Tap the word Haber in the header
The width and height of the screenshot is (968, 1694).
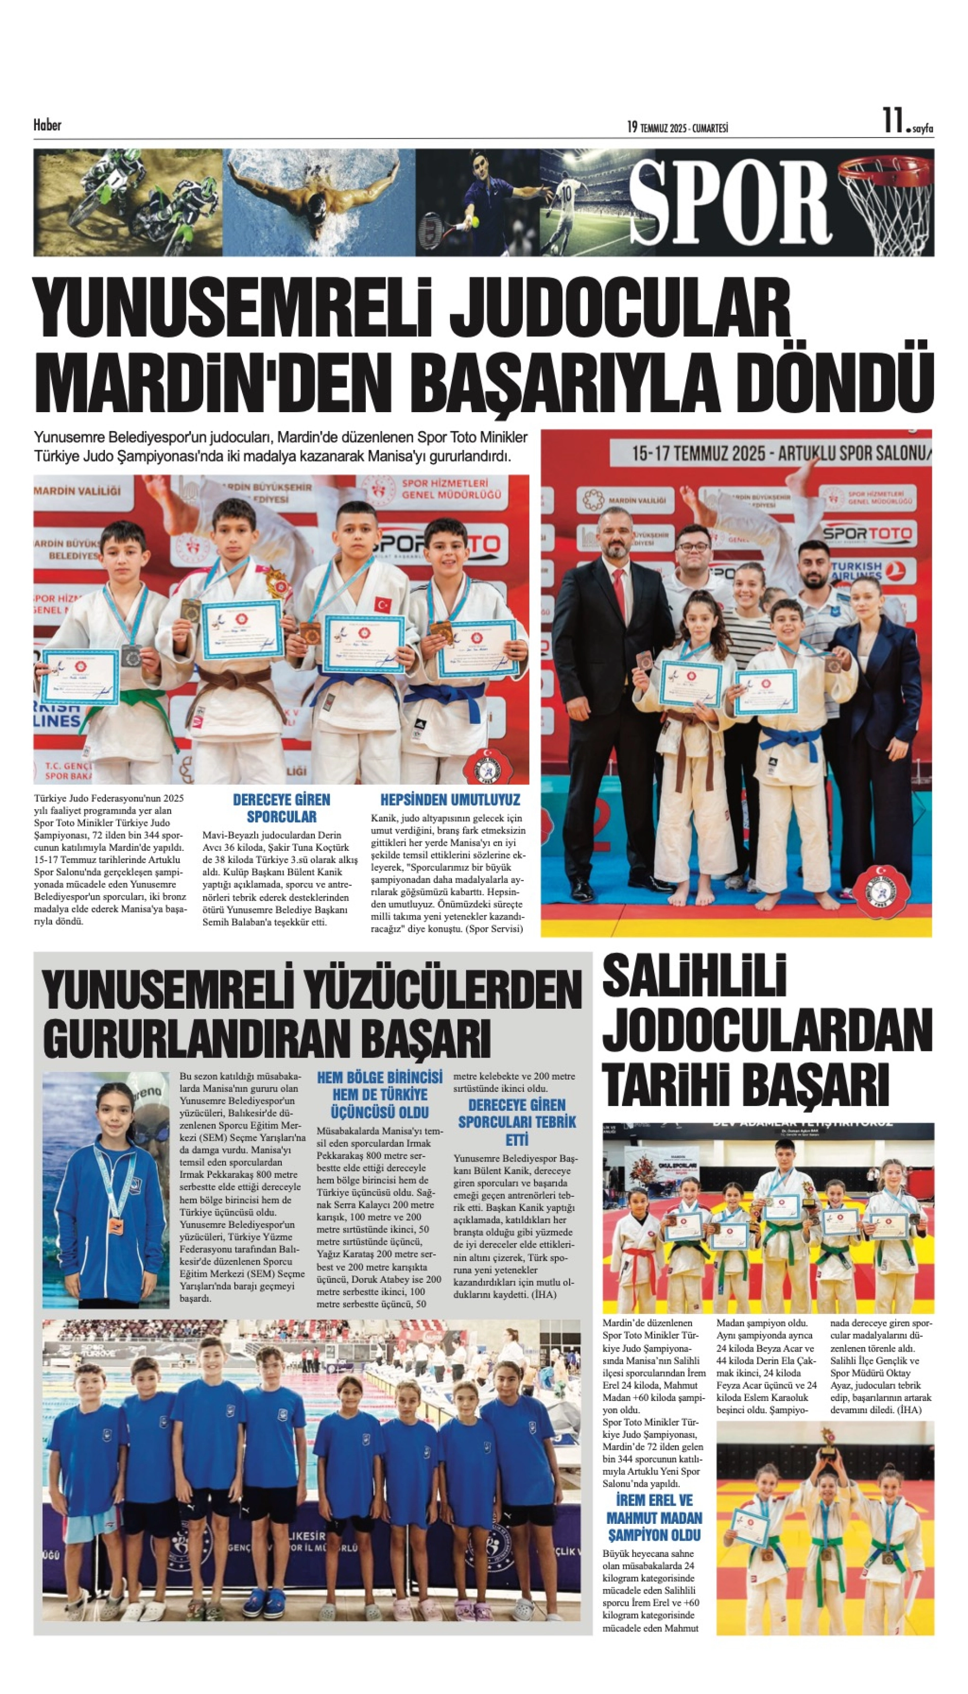coord(47,125)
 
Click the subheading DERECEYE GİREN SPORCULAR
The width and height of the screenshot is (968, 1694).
coord(281,808)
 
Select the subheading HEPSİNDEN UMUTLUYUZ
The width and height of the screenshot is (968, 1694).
coord(449,799)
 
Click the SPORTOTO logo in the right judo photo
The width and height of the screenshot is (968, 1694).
coord(868,533)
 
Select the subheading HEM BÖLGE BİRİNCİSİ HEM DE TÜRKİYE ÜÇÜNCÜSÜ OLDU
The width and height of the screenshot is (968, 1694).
coord(380,1094)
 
